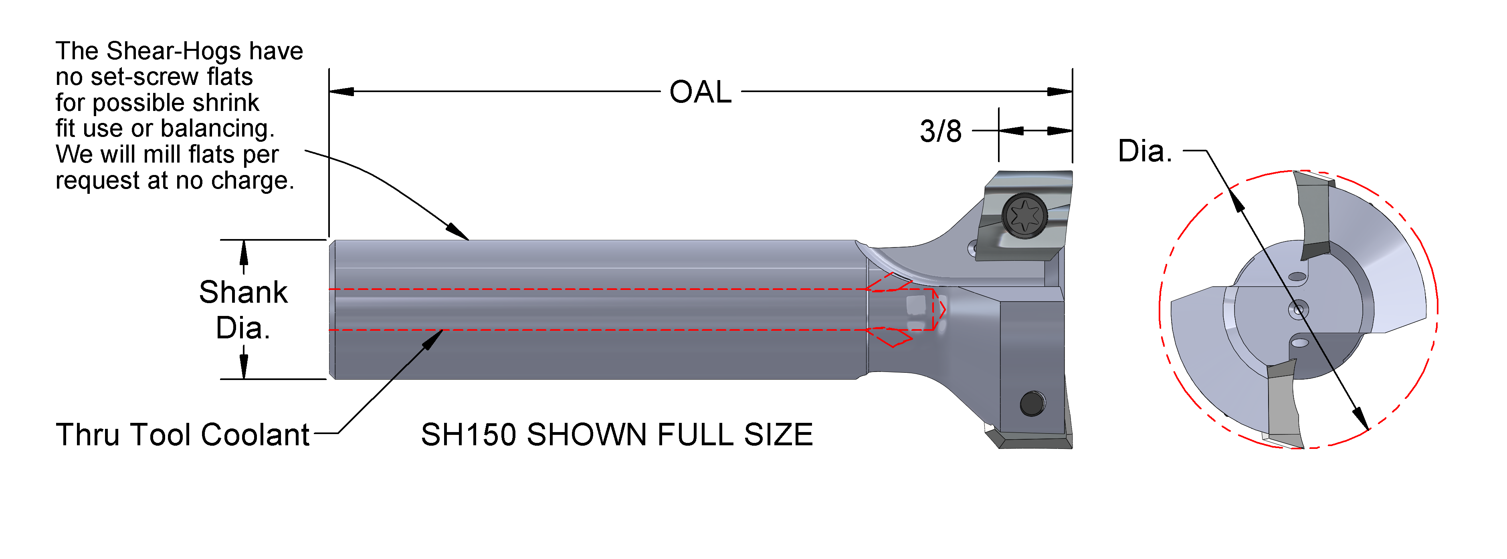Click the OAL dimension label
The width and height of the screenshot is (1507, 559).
(700, 92)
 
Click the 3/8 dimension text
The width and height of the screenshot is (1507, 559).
(940, 132)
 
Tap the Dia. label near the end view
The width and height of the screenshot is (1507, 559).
(1144, 151)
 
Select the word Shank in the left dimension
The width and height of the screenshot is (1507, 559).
(243, 292)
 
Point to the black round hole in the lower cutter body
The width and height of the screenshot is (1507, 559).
(1032, 404)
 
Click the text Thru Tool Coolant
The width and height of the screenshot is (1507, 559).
(182, 435)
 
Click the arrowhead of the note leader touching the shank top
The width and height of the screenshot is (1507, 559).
(459, 233)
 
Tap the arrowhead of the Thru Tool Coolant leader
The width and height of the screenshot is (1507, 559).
(434, 338)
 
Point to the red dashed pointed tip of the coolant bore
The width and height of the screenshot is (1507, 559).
(941, 309)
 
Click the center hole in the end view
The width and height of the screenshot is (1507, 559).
(1299, 309)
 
